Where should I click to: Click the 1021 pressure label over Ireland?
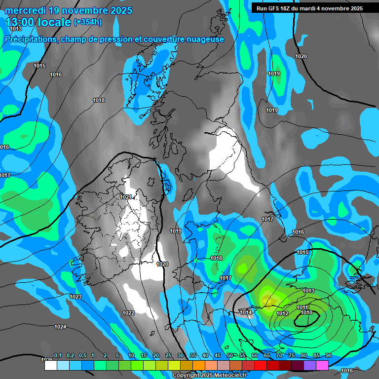[126, 197]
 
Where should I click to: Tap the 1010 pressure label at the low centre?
[306, 312]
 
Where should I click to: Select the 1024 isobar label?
[60, 327]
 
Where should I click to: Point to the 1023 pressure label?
[76, 297]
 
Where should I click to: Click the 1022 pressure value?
[128, 313]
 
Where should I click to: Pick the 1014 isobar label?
[246, 312]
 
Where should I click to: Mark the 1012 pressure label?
[282, 313]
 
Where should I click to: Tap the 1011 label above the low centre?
[303, 307]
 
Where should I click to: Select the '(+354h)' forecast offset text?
[88, 22]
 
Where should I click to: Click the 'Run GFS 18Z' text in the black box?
[276, 8]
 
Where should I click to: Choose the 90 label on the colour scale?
[328, 355]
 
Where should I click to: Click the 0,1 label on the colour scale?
[58, 355]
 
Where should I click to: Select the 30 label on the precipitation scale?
[181, 355]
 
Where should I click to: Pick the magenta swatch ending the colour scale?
[322, 365]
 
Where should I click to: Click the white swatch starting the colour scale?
[50, 365]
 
